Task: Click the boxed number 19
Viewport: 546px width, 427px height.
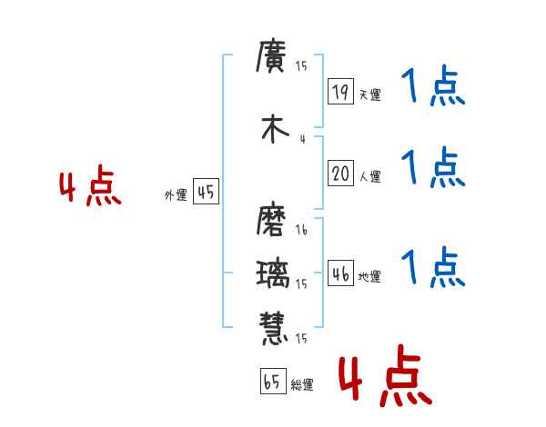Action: click(x=340, y=91)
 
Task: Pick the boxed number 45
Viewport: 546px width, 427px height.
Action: click(x=206, y=192)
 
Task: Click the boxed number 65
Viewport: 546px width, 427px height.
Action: click(x=272, y=382)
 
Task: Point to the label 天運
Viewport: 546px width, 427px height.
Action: click(x=369, y=94)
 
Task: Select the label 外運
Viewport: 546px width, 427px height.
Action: click(x=176, y=194)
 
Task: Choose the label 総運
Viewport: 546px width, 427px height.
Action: click(x=302, y=385)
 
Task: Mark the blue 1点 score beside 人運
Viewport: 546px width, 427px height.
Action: click(x=432, y=168)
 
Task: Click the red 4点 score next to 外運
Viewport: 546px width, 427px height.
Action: click(x=89, y=188)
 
